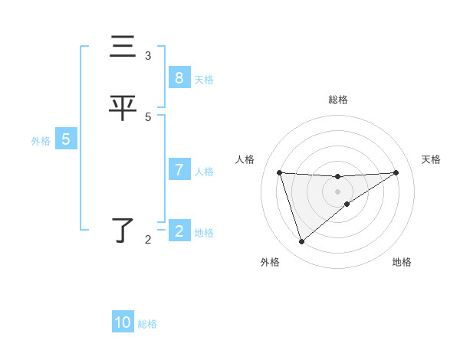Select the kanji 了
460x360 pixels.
123,230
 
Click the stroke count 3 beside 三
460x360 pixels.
148,55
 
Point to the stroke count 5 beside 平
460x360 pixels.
148,116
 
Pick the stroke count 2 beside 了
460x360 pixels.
148,240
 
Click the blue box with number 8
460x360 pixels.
179,78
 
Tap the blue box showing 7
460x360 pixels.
179,170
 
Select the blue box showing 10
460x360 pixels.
123,322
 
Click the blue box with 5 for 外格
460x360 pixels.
66,139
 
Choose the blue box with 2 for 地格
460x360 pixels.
179,231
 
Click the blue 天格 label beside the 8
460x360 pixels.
204,80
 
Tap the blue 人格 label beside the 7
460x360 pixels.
204,172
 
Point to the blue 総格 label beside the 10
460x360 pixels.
147,324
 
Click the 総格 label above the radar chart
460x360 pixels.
337,100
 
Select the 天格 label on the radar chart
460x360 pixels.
432,159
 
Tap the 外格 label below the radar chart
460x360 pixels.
270,263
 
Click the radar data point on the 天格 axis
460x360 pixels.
396,172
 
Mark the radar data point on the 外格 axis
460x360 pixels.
301,242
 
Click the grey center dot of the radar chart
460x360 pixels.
337,191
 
